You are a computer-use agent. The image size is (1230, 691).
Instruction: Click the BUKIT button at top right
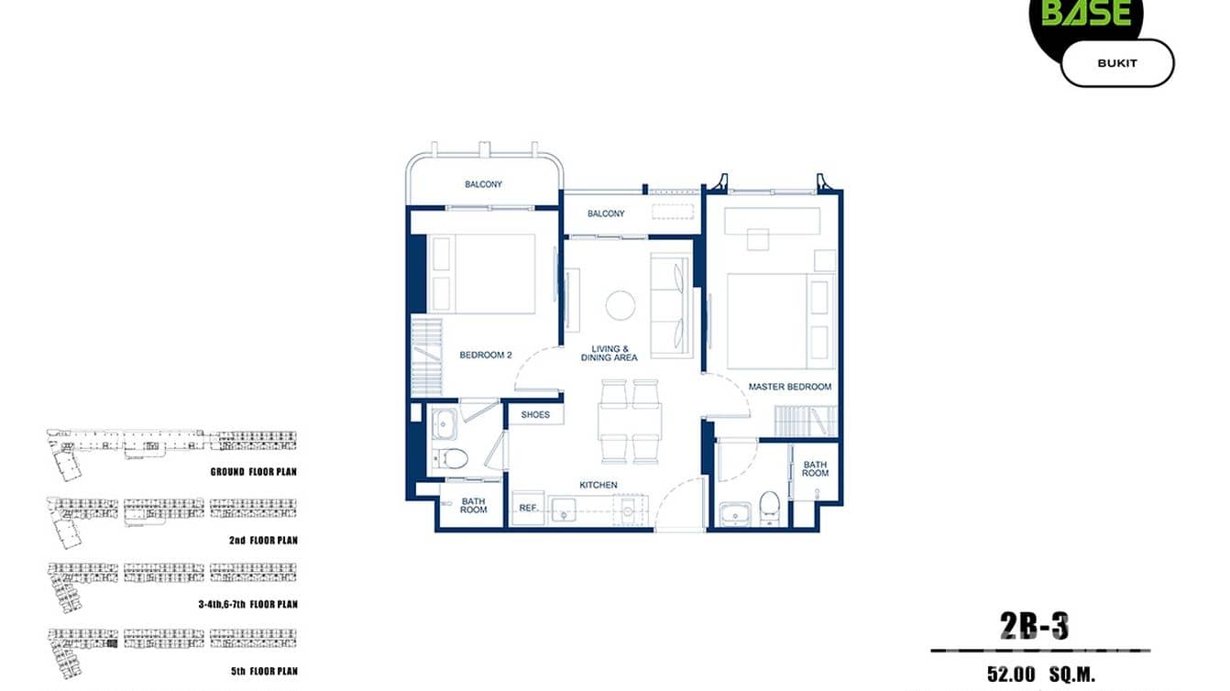tap(1116, 63)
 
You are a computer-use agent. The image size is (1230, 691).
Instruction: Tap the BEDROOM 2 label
tap(486, 356)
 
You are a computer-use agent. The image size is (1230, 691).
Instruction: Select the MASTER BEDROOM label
tap(789, 387)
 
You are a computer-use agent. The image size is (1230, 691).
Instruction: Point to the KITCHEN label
tap(598, 485)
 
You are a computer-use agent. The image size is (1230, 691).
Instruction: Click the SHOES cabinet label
tap(535, 415)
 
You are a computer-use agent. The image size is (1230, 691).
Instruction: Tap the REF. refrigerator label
tap(528, 507)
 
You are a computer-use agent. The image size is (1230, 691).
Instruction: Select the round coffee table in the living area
tap(620, 305)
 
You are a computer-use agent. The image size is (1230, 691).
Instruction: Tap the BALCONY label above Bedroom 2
tap(483, 185)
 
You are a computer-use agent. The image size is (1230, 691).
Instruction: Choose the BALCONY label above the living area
tap(606, 214)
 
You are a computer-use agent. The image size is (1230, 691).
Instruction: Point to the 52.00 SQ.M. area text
tap(1041, 675)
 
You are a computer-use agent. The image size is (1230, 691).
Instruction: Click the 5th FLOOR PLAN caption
tap(264, 671)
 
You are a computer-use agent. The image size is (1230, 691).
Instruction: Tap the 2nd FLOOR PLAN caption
tap(263, 541)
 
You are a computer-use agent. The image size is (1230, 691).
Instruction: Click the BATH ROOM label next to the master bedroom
tap(815, 468)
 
